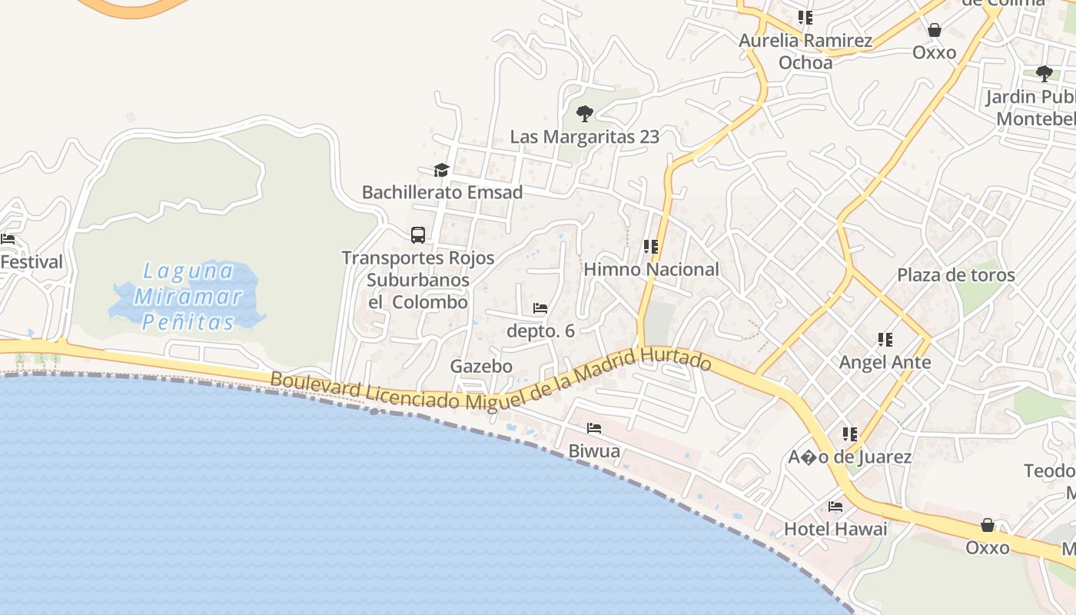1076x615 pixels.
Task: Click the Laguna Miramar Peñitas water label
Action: [189, 296]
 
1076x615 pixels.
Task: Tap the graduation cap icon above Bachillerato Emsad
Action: [441, 170]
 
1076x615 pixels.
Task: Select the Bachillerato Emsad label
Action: [442, 192]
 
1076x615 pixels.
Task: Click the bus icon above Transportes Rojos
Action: [418, 234]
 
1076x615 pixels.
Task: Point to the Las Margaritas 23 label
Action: [585, 137]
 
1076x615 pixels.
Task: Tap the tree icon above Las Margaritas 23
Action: [585, 115]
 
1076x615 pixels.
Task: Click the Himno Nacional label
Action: [651, 269]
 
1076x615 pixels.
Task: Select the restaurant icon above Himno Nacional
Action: [651, 247]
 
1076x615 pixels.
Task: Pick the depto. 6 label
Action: [540, 331]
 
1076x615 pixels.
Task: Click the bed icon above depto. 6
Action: [540, 308]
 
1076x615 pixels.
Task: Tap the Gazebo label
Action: [481, 366]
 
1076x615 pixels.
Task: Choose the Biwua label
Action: [594, 450]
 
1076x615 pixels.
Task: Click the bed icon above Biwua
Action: [594, 428]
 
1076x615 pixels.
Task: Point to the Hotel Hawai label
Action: [835, 529]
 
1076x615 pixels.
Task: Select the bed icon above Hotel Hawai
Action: [835, 507]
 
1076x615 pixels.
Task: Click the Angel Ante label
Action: [885, 361]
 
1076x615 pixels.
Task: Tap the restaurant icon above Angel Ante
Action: [885, 339]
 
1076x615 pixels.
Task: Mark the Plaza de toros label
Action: [955, 274]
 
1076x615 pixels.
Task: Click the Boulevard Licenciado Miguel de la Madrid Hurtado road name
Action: [490, 384]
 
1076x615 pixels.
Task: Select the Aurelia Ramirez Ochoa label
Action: [805, 51]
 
